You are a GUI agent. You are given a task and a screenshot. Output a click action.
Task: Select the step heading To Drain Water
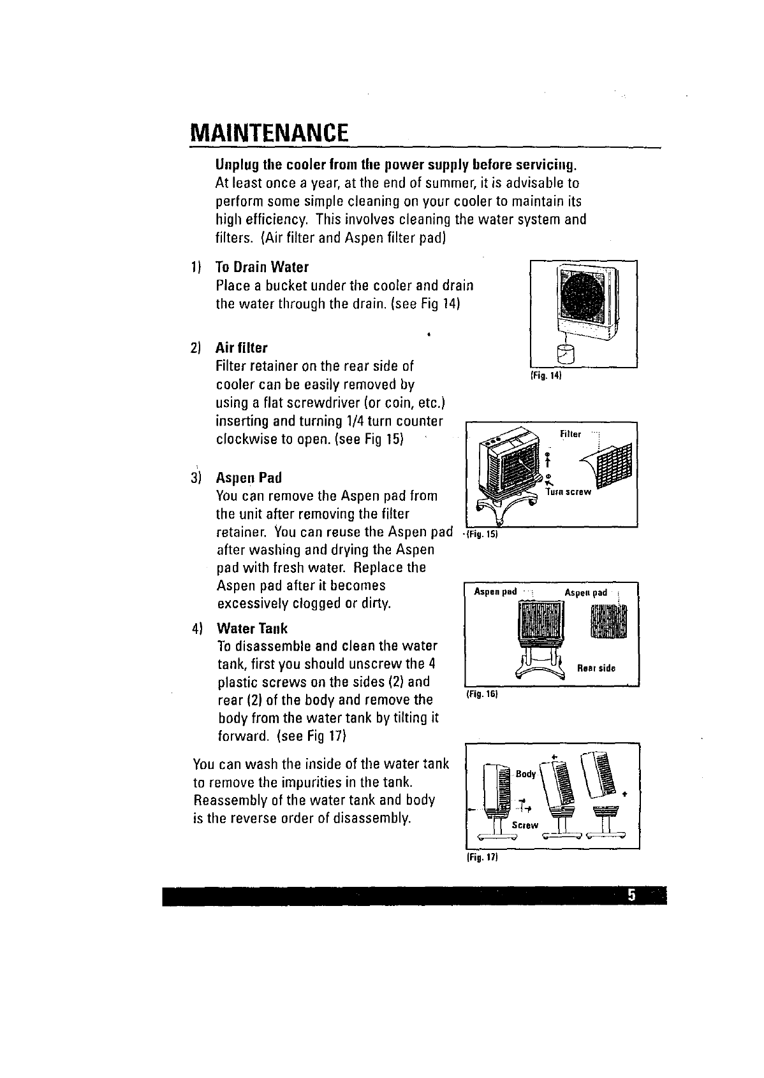(x=262, y=266)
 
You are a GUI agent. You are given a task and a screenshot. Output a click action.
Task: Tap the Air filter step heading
(x=242, y=348)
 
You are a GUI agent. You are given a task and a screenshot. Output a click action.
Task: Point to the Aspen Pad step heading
(x=249, y=478)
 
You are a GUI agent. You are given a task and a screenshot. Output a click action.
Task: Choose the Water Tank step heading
(x=252, y=629)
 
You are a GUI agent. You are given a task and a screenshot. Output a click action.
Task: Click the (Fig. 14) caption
(x=545, y=376)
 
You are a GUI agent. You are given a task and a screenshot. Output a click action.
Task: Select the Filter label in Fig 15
(x=570, y=435)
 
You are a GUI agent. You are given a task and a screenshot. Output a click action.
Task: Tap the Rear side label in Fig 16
(x=596, y=668)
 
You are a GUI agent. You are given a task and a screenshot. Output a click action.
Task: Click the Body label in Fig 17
(x=525, y=774)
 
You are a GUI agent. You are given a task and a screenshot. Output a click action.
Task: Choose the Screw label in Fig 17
(x=525, y=825)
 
